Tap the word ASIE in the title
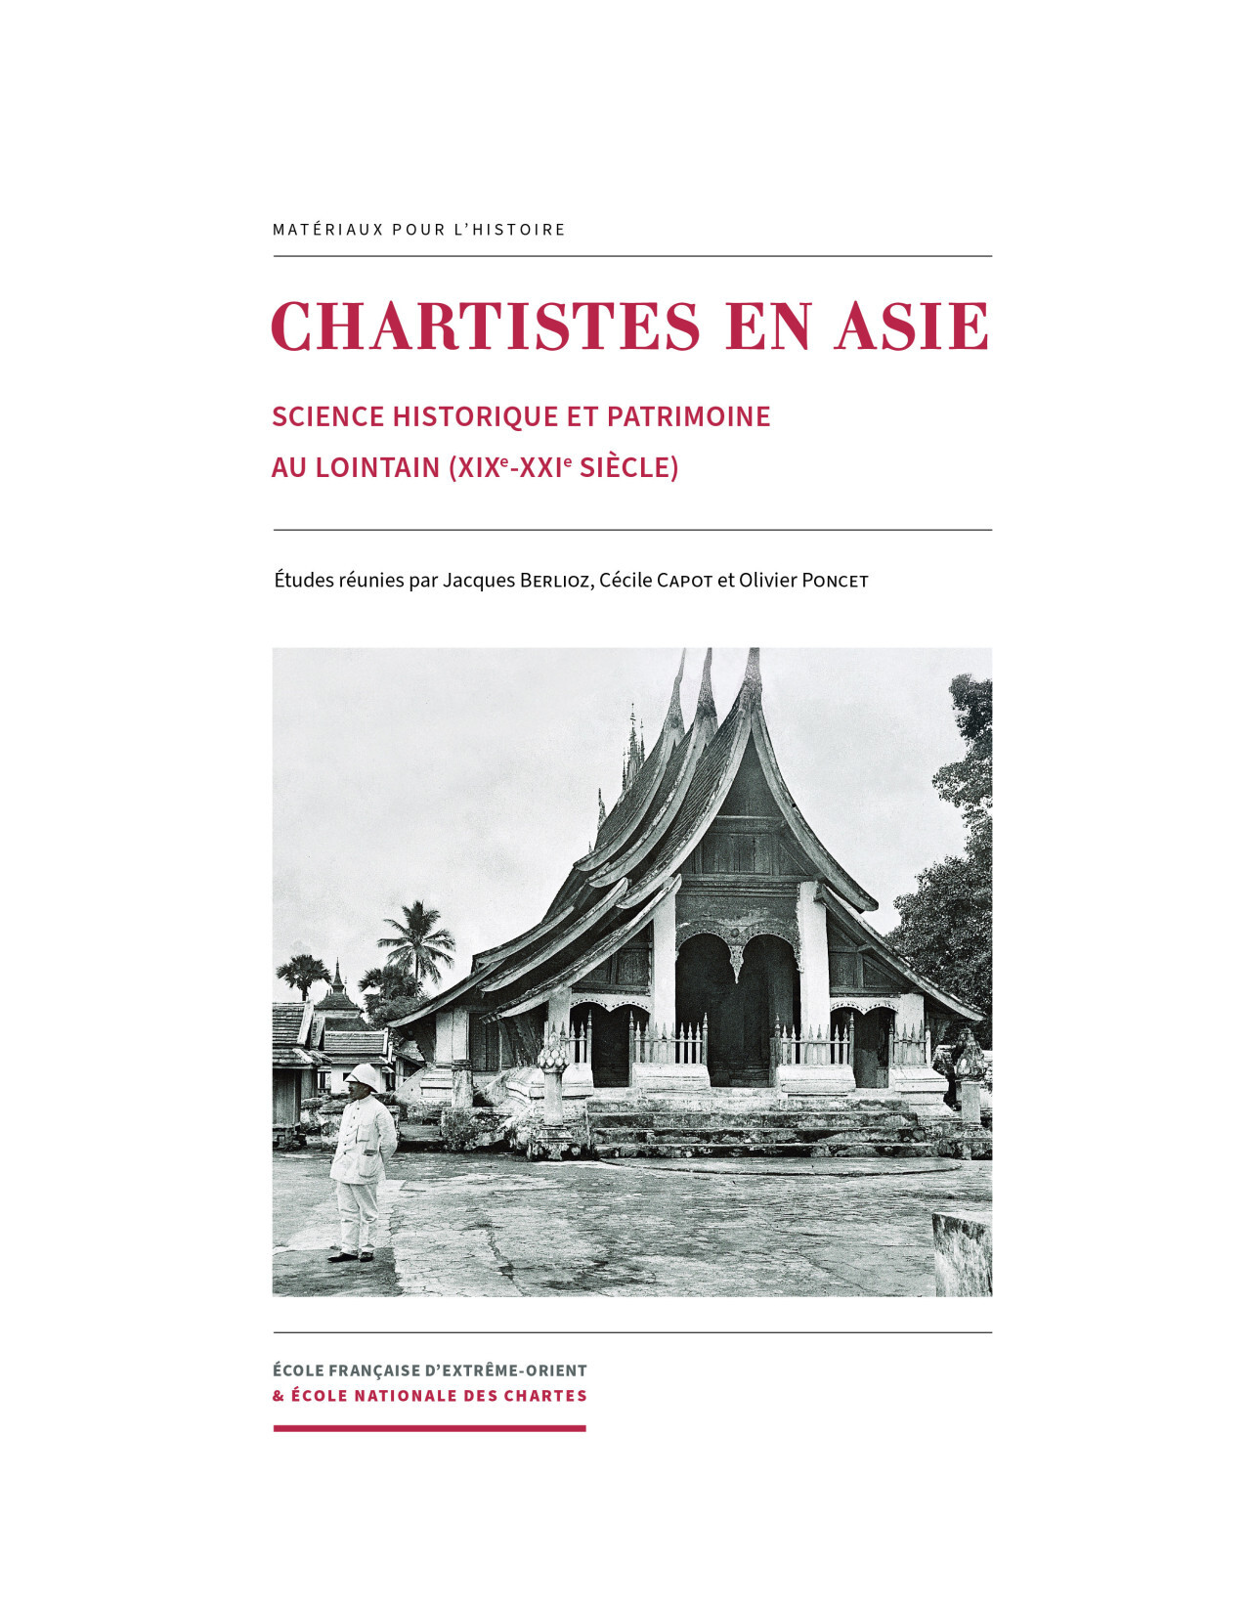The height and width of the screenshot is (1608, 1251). coord(912,326)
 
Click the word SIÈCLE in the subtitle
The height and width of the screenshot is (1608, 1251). coord(628,468)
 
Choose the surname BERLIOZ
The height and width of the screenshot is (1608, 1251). coord(555,581)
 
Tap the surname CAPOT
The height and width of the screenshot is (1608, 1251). coord(684,581)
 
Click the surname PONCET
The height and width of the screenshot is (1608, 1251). coord(835,581)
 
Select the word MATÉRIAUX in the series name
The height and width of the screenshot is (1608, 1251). coord(328,230)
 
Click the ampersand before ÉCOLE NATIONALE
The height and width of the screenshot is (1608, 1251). coord(279,1396)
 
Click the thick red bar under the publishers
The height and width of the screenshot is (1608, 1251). coord(429,1428)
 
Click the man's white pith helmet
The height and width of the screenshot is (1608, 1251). coord(362,1076)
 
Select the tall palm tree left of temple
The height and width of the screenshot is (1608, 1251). coord(418,940)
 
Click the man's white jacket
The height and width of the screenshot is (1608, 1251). coord(363,1139)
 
